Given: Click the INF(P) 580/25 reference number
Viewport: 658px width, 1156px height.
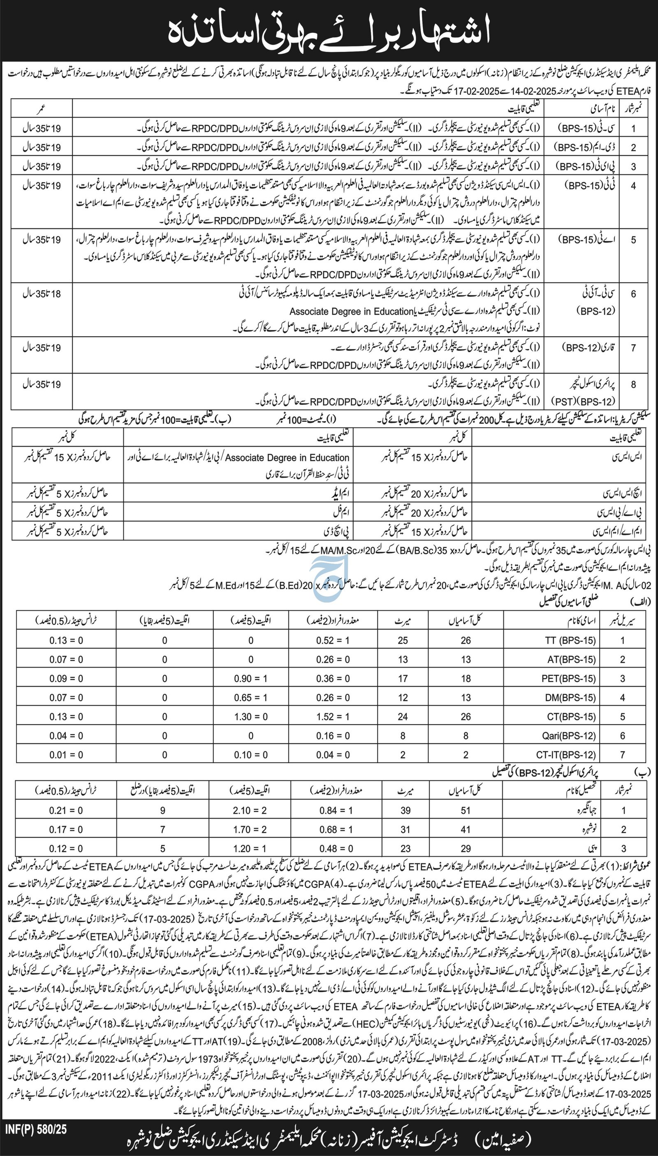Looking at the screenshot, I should pyautogui.click(x=36, y=1088).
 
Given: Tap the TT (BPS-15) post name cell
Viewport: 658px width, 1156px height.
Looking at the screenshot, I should pyautogui.click(x=570, y=640).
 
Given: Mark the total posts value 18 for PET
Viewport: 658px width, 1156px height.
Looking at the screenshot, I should pyautogui.click(x=466, y=678).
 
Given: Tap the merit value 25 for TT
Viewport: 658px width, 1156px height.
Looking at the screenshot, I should pyautogui.click(x=403, y=640).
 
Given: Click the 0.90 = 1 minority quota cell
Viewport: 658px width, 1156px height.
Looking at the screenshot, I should pyautogui.click(x=251, y=678).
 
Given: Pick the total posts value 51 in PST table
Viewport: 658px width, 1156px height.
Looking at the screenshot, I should pyautogui.click(x=466, y=810).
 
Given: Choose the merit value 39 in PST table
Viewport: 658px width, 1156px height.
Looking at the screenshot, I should pyautogui.click(x=405, y=810).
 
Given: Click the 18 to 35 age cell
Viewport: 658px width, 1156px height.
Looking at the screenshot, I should pyautogui.click(x=42, y=294).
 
